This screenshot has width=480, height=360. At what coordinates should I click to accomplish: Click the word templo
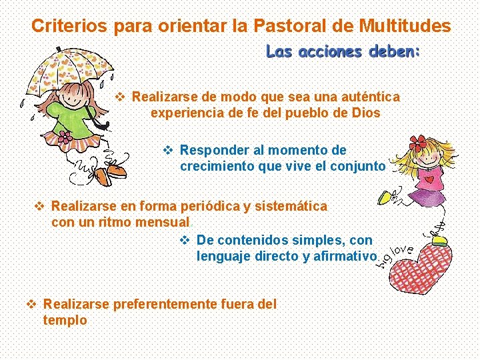65,320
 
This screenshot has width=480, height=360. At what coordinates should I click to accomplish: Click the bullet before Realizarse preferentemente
31,304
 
